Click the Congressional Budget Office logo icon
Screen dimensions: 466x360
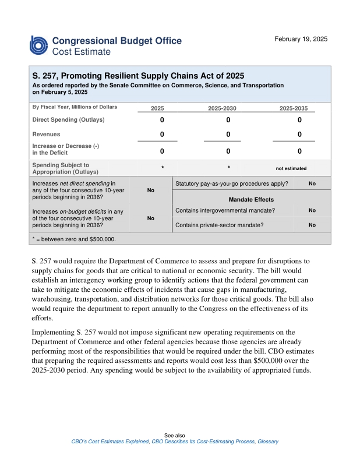39,45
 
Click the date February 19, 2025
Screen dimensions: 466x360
301,39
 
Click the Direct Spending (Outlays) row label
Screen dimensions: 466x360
68,120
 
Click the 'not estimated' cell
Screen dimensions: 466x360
291,168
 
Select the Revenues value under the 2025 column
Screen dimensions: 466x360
162,135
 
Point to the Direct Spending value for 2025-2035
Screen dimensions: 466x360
299,120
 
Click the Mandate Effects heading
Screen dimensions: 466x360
251,200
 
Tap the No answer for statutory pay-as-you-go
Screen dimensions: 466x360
312,184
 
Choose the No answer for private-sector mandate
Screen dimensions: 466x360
312,224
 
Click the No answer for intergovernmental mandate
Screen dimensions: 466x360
312,210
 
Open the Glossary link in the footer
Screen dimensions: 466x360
268,442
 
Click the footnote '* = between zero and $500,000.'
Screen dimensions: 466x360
74,239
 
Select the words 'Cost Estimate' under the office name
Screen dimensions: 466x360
81,52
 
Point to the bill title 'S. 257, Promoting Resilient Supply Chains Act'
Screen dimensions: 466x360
138,76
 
